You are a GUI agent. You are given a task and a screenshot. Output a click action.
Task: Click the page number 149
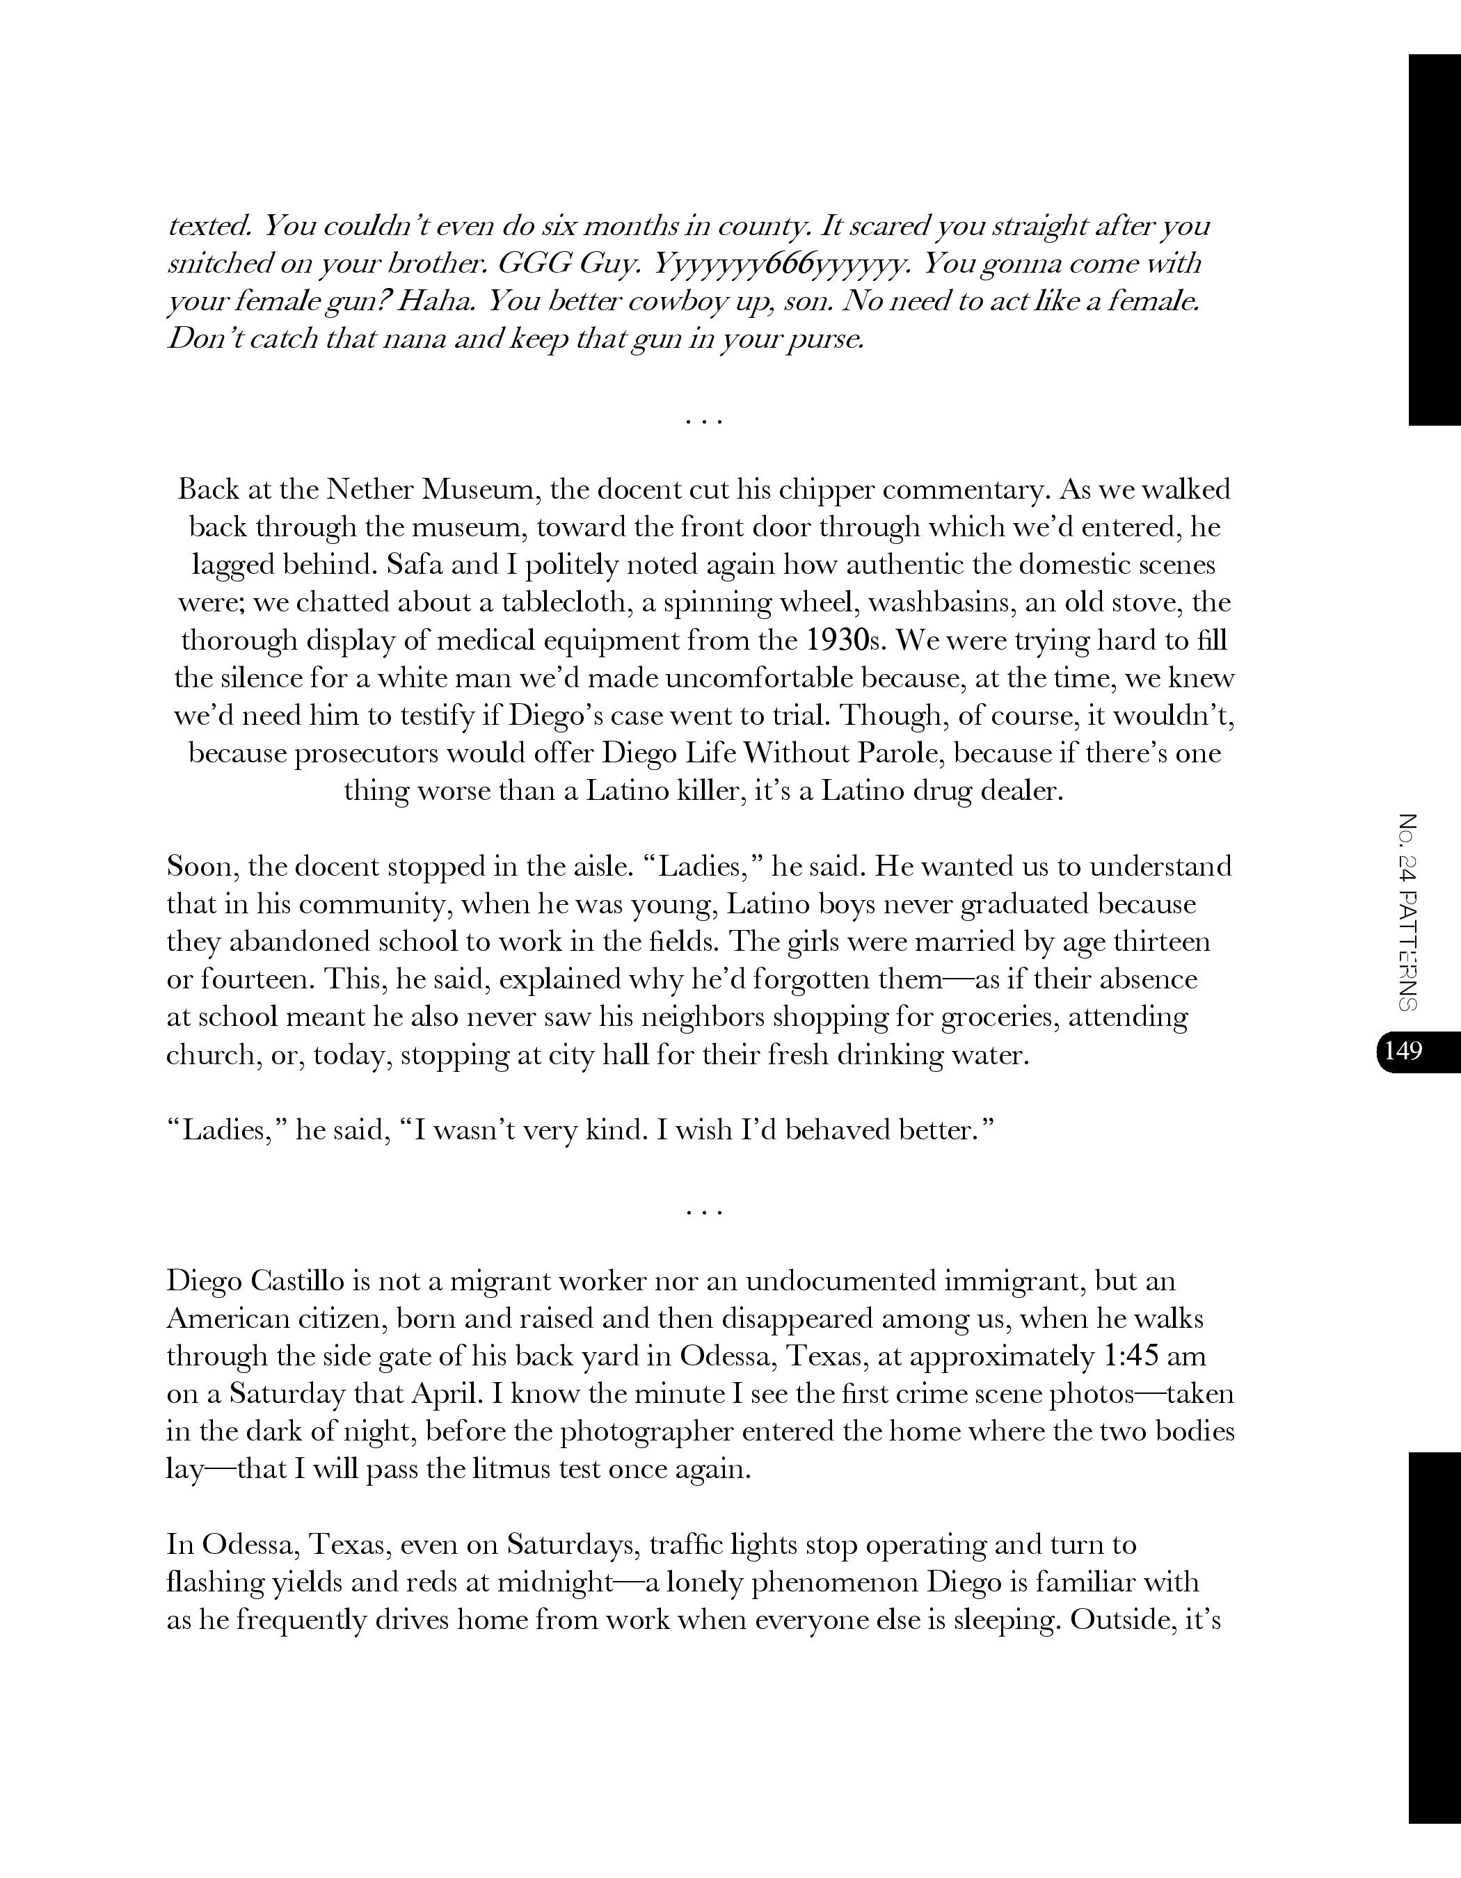click(1403, 1051)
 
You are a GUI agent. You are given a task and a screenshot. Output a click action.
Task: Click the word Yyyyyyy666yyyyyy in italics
click(780, 264)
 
